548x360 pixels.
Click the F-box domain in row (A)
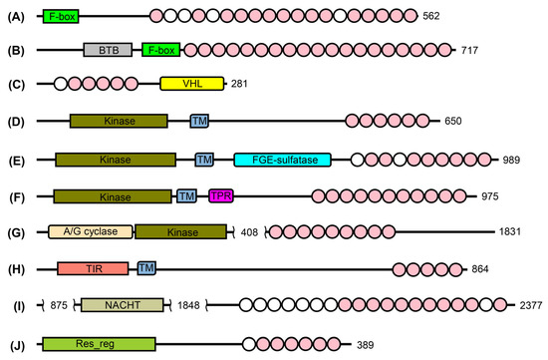coord(61,16)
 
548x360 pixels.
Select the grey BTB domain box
coord(108,50)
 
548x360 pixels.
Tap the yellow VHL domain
coord(192,84)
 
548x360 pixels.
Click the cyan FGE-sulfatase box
coord(282,160)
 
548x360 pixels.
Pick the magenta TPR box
coord(221,195)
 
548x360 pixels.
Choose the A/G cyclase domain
coord(91,231)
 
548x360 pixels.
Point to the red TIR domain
coord(93,268)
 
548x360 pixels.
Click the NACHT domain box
coord(123,305)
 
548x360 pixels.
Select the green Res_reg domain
coord(99,344)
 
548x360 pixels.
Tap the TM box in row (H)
coord(146,268)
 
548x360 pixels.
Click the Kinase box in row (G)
coord(181,232)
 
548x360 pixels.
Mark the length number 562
coord(430,16)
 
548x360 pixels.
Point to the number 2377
coord(531,305)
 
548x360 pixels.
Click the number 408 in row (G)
coord(249,232)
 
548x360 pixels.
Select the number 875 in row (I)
coord(59,305)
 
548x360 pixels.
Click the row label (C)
coord(16,85)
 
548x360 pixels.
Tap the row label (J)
coord(16,346)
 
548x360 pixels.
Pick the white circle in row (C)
coord(61,84)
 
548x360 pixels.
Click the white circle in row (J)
coord(249,344)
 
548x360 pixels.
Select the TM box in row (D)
coord(199,121)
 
